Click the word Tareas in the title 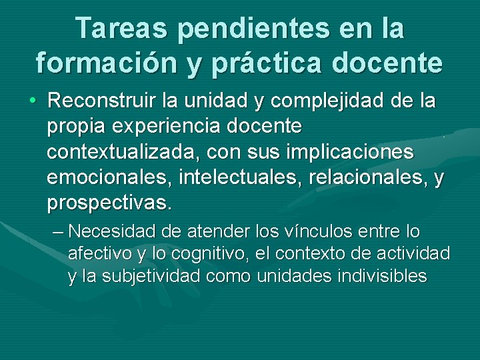(x=125, y=29)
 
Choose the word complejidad (x=313, y=103)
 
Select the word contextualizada (x=122, y=151)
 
